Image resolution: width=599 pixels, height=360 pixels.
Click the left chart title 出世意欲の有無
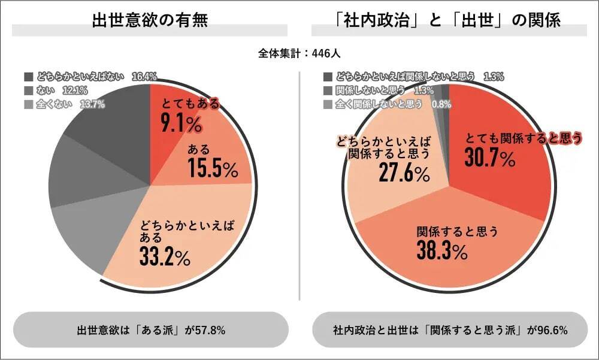[150, 20]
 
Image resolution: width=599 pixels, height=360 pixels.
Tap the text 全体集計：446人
[299, 53]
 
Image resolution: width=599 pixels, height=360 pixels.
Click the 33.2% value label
[165, 256]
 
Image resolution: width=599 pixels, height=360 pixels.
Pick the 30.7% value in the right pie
[489, 159]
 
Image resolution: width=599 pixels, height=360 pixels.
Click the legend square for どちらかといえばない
[29, 77]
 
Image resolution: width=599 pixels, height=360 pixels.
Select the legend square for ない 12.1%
[29, 90]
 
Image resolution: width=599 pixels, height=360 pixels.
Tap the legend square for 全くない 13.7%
[29, 104]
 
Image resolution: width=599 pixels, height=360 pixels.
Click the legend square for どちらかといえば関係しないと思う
[327, 77]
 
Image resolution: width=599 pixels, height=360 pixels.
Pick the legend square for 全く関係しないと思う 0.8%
[327, 104]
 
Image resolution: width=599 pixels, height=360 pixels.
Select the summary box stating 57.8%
[150, 330]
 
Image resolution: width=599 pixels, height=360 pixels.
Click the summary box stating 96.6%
[450, 330]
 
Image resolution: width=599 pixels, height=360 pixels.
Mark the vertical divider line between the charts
[299, 186]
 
